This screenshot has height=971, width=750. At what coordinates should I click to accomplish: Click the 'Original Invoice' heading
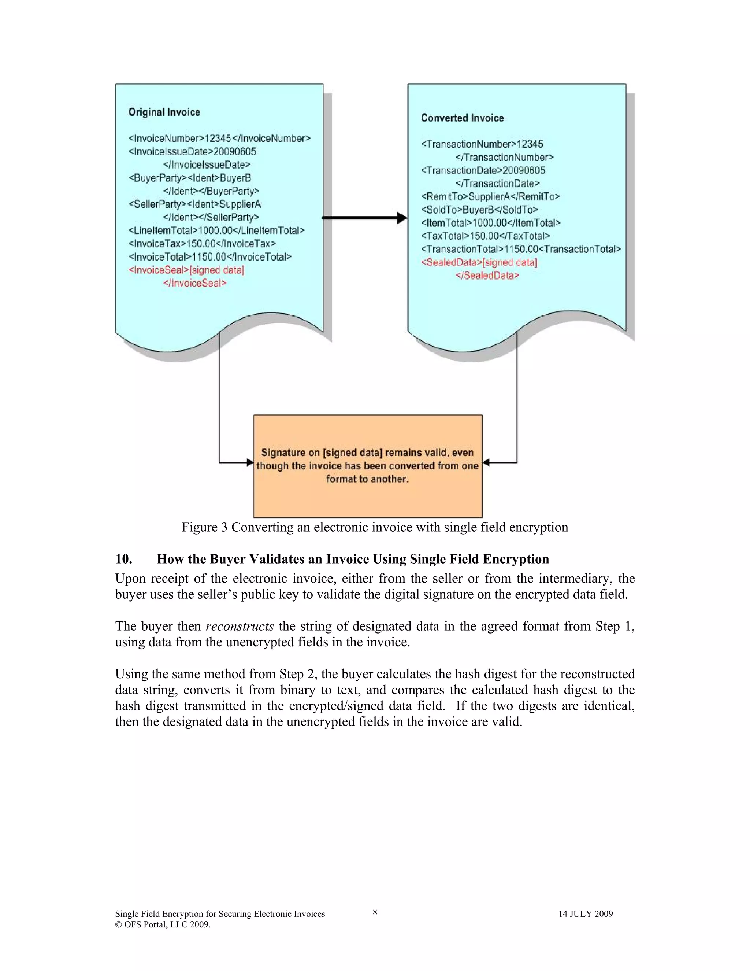click(x=164, y=112)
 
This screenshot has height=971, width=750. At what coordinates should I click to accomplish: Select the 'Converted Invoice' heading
click(x=462, y=118)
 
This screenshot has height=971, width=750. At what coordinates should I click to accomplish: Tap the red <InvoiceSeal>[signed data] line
click(x=186, y=270)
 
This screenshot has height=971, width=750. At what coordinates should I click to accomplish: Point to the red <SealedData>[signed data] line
click(x=479, y=262)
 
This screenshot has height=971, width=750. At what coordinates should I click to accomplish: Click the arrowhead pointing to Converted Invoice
click(x=402, y=218)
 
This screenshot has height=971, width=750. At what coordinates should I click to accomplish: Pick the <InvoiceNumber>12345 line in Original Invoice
click(x=219, y=138)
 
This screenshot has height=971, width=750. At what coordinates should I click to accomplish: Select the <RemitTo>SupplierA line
click(x=490, y=196)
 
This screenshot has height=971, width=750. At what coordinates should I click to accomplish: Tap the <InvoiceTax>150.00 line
click(x=202, y=244)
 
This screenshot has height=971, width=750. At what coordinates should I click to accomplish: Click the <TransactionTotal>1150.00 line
click(x=520, y=249)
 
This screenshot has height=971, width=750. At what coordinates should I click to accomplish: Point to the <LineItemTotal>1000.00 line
click(x=216, y=230)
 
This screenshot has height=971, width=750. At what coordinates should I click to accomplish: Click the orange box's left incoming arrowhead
click(x=250, y=462)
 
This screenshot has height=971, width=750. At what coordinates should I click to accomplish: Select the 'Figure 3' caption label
click(x=205, y=527)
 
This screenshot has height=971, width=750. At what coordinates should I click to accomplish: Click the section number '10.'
click(x=123, y=559)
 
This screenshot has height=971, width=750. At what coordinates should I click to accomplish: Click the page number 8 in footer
click(x=375, y=912)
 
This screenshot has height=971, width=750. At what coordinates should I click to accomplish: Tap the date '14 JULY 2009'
click(x=585, y=913)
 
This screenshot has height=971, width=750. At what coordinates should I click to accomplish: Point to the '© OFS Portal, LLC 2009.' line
click(x=163, y=924)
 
